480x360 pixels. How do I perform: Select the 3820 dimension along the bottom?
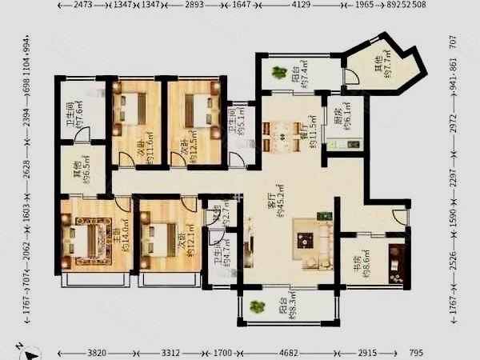click(97, 353)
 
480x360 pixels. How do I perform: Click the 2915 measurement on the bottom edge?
click(367, 353)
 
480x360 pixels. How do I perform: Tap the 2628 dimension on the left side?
click(27, 170)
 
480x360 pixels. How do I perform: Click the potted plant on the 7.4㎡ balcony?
click(279, 73)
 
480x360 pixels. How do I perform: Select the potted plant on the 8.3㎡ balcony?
click(256, 307)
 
